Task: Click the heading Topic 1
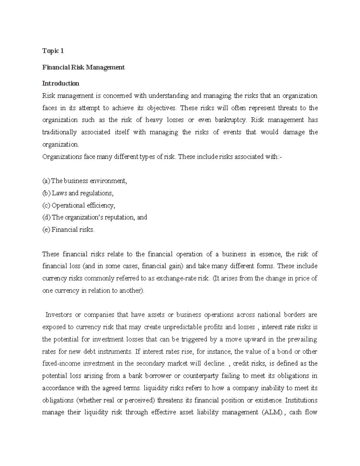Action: tap(53, 51)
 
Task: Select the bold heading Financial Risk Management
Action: tap(83, 67)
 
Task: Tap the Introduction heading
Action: tap(61, 83)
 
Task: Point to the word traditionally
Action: tap(59, 132)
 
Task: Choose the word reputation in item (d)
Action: tap(119, 218)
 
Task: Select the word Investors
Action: tap(59, 315)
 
